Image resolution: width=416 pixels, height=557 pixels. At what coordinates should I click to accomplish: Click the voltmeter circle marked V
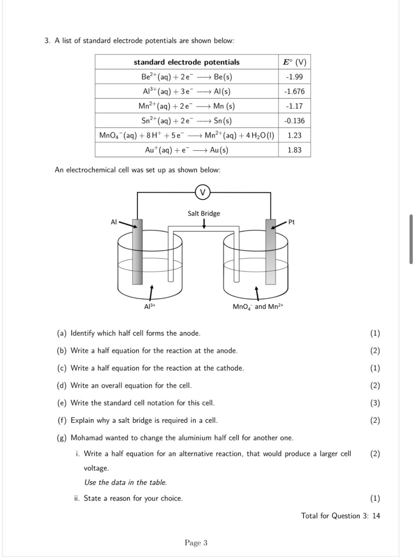click(x=203, y=192)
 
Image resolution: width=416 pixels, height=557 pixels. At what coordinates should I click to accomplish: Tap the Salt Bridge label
click(x=204, y=213)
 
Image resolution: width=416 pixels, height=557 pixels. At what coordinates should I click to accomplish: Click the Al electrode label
click(x=114, y=222)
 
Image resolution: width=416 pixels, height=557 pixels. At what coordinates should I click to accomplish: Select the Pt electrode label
click(x=291, y=222)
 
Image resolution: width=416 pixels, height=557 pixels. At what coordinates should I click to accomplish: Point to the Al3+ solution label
click(x=149, y=307)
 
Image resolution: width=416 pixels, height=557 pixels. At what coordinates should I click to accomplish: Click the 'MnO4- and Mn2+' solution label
click(x=258, y=307)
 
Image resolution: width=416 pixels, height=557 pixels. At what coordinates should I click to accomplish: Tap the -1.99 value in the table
click(x=294, y=77)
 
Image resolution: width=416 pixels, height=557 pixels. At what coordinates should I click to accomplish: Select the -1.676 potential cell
click(x=294, y=91)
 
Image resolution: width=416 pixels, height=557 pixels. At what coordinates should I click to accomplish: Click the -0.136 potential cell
click(x=294, y=121)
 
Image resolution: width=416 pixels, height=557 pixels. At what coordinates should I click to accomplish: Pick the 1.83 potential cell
click(x=294, y=150)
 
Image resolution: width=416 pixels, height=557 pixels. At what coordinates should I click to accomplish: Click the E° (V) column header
click(x=294, y=62)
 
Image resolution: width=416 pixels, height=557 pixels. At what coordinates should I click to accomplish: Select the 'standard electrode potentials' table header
click(x=186, y=62)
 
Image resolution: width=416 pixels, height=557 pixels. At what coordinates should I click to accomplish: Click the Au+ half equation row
click(x=186, y=150)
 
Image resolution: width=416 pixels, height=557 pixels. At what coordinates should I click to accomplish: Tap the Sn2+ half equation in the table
click(x=186, y=121)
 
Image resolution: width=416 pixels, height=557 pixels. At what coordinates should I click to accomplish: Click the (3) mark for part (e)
click(x=375, y=403)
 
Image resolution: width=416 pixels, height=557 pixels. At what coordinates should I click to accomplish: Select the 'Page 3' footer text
click(x=196, y=543)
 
